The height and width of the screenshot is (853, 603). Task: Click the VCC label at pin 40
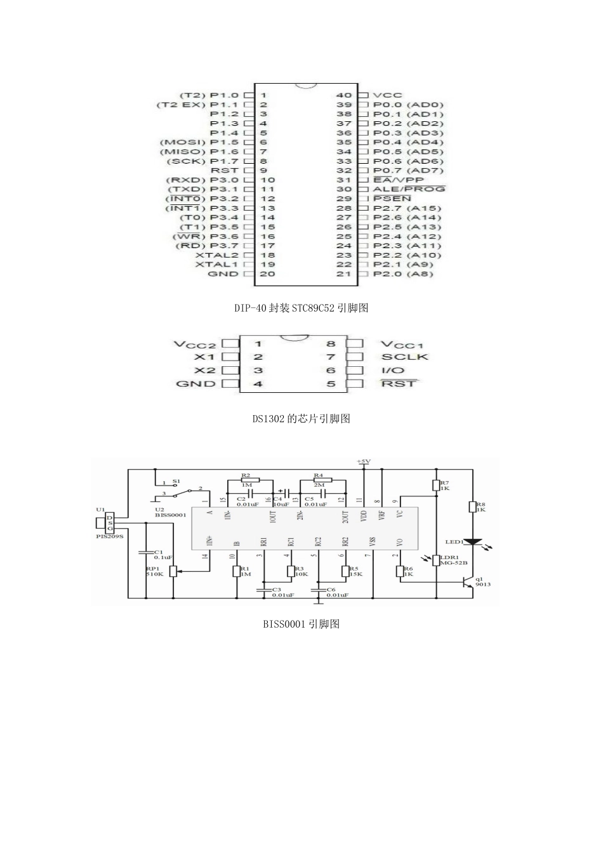click(x=387, y=95)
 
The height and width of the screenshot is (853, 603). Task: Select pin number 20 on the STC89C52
click(x=267, y=274)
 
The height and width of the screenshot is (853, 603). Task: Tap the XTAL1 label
click(x=216, y=265)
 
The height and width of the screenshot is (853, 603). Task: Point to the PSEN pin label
click(x=392, y=199)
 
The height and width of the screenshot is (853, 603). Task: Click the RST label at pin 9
click(x=224, y=171)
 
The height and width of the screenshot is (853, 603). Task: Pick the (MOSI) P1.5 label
click(x=199, y=142)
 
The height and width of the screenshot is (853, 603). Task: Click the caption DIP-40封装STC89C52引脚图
click(x=301, y=308)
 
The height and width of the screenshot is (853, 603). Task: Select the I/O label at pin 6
click(x=393, y=371)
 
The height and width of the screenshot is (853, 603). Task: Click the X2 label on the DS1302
click(x=204, y=371)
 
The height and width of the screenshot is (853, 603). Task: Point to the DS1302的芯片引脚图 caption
click(x=301, y=418)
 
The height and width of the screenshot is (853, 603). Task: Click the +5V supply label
click(x=364, y=461)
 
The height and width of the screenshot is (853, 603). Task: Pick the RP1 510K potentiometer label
click(x=155, y=571)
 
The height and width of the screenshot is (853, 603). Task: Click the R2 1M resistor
click(x=246, y=480)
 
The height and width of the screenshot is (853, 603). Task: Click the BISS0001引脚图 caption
click(x=301, y=624)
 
